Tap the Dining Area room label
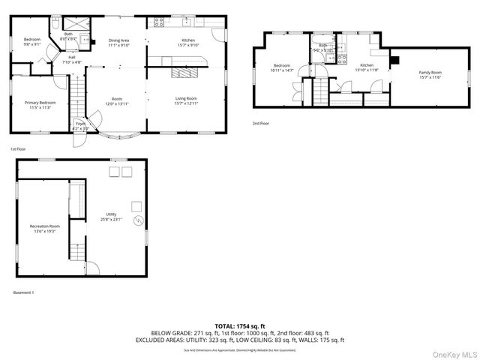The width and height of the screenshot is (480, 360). [119, 40]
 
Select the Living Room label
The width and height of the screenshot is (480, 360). [187, 98]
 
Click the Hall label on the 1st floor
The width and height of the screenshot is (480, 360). [72, 57]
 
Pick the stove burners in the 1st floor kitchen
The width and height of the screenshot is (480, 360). [158, 22]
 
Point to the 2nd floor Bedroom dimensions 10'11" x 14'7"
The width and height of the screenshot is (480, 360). [282, 70]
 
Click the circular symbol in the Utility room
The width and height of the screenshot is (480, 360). [137, 221]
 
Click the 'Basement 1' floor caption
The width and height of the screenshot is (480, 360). [23, 292]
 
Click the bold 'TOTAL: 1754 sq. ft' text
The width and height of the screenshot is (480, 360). [239, 325]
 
